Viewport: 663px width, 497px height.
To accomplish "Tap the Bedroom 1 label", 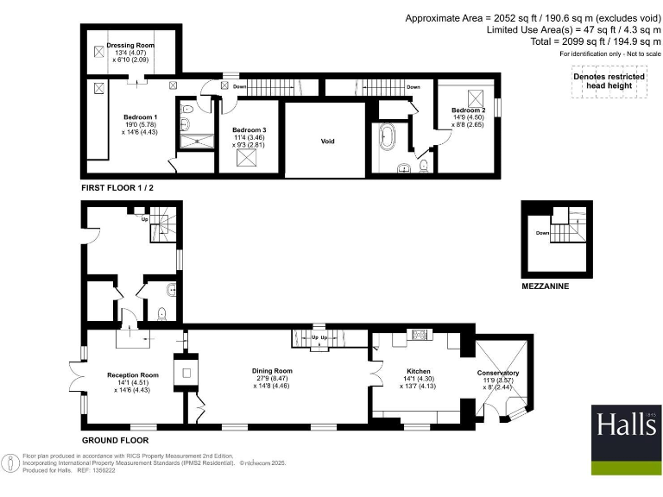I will pyautogui.click(x=140, y=116).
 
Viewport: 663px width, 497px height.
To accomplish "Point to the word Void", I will pyautogui.click(x=327, y=142).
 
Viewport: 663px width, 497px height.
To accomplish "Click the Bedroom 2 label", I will pyautogui.click(x=468, y=111).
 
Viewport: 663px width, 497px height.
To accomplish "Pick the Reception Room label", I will pyautogui.click(x=133, y=375).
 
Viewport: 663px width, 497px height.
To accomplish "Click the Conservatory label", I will pyautogui.click(x=499, y=373).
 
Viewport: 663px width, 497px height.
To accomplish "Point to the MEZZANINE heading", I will pyautogui.click(x=545, y=285).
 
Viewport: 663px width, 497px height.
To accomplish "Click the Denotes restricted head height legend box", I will pyautogui.click(x=609, y=81).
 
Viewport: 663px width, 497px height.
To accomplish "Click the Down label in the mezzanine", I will pyautogui.click(x=543, y=233).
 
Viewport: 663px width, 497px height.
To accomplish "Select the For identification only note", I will pyautogui.click(x=609, y=54).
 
